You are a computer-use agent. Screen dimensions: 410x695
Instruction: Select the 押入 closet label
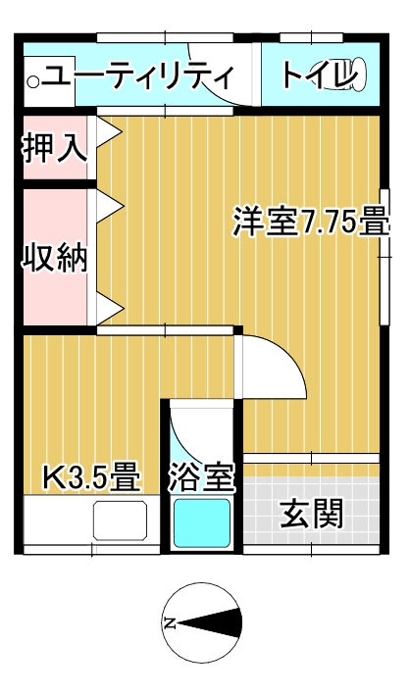[54, 147]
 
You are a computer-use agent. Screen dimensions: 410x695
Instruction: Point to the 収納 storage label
[55, 258]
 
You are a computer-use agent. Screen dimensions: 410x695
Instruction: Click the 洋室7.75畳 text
[311, 222]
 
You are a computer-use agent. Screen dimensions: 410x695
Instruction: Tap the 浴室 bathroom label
[201, 477]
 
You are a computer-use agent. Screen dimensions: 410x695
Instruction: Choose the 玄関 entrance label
[312, 514]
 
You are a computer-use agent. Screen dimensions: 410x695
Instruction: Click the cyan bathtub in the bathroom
[202, 523]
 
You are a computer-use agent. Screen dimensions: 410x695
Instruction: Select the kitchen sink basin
[120, 521]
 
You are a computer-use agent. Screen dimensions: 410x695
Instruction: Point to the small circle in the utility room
[33, 81]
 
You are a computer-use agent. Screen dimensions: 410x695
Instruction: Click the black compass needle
[210, 623]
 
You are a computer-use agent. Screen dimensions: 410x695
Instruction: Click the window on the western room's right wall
[384, 257]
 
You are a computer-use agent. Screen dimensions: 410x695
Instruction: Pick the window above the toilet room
[312, 38]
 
